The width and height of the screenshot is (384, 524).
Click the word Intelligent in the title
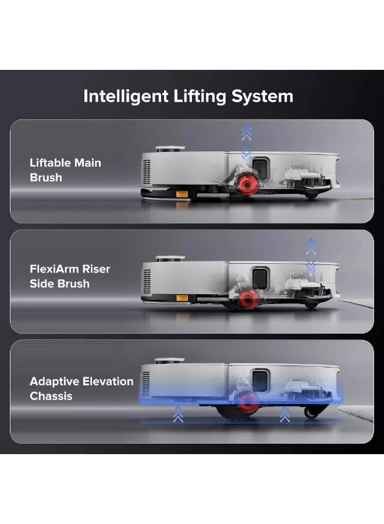coord(126,97)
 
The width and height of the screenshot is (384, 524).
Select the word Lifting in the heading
coord(200,97)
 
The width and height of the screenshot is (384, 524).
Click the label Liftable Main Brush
coord(65,170)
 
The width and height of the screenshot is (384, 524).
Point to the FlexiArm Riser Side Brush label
coord(70,276)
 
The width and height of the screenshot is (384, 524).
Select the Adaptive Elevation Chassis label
coord(81,388)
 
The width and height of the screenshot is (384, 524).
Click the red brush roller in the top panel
coord(247,184)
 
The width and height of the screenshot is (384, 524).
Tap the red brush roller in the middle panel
coord(248,299)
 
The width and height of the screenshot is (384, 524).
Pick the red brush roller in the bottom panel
coord(247,402)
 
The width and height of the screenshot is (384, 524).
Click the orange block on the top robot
coord(182,194)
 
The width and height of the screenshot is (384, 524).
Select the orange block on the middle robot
coord(182,298)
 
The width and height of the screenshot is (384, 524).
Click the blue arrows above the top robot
coord(247,141)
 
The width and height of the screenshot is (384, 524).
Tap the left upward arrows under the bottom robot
coord(178,414)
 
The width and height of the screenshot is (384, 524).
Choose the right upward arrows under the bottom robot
coord(285,414)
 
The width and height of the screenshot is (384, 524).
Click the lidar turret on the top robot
coord(170,149)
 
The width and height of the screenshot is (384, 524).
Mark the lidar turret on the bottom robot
coord(169,361)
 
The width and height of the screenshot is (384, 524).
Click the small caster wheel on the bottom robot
coord(311,413)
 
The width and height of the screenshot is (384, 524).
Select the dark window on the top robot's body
coord(260,169)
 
